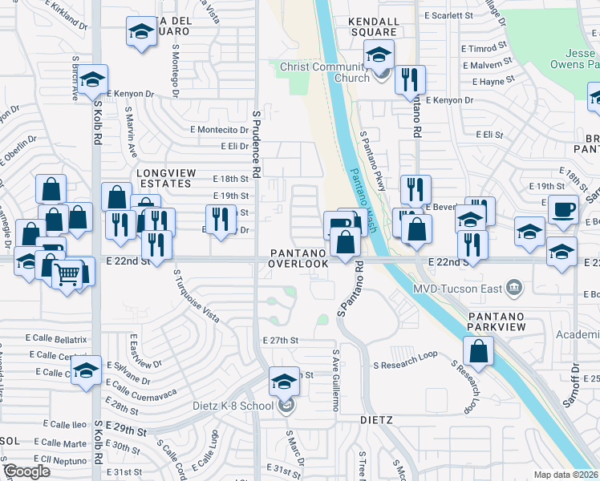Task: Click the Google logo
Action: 27,471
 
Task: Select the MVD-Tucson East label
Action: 462,288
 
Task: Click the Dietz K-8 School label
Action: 233,406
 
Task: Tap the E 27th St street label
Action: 281,341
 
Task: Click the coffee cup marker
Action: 563,208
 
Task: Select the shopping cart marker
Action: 67,274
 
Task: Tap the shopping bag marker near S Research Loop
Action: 478,351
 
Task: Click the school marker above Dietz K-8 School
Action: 284,382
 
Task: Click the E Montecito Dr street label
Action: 220,129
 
